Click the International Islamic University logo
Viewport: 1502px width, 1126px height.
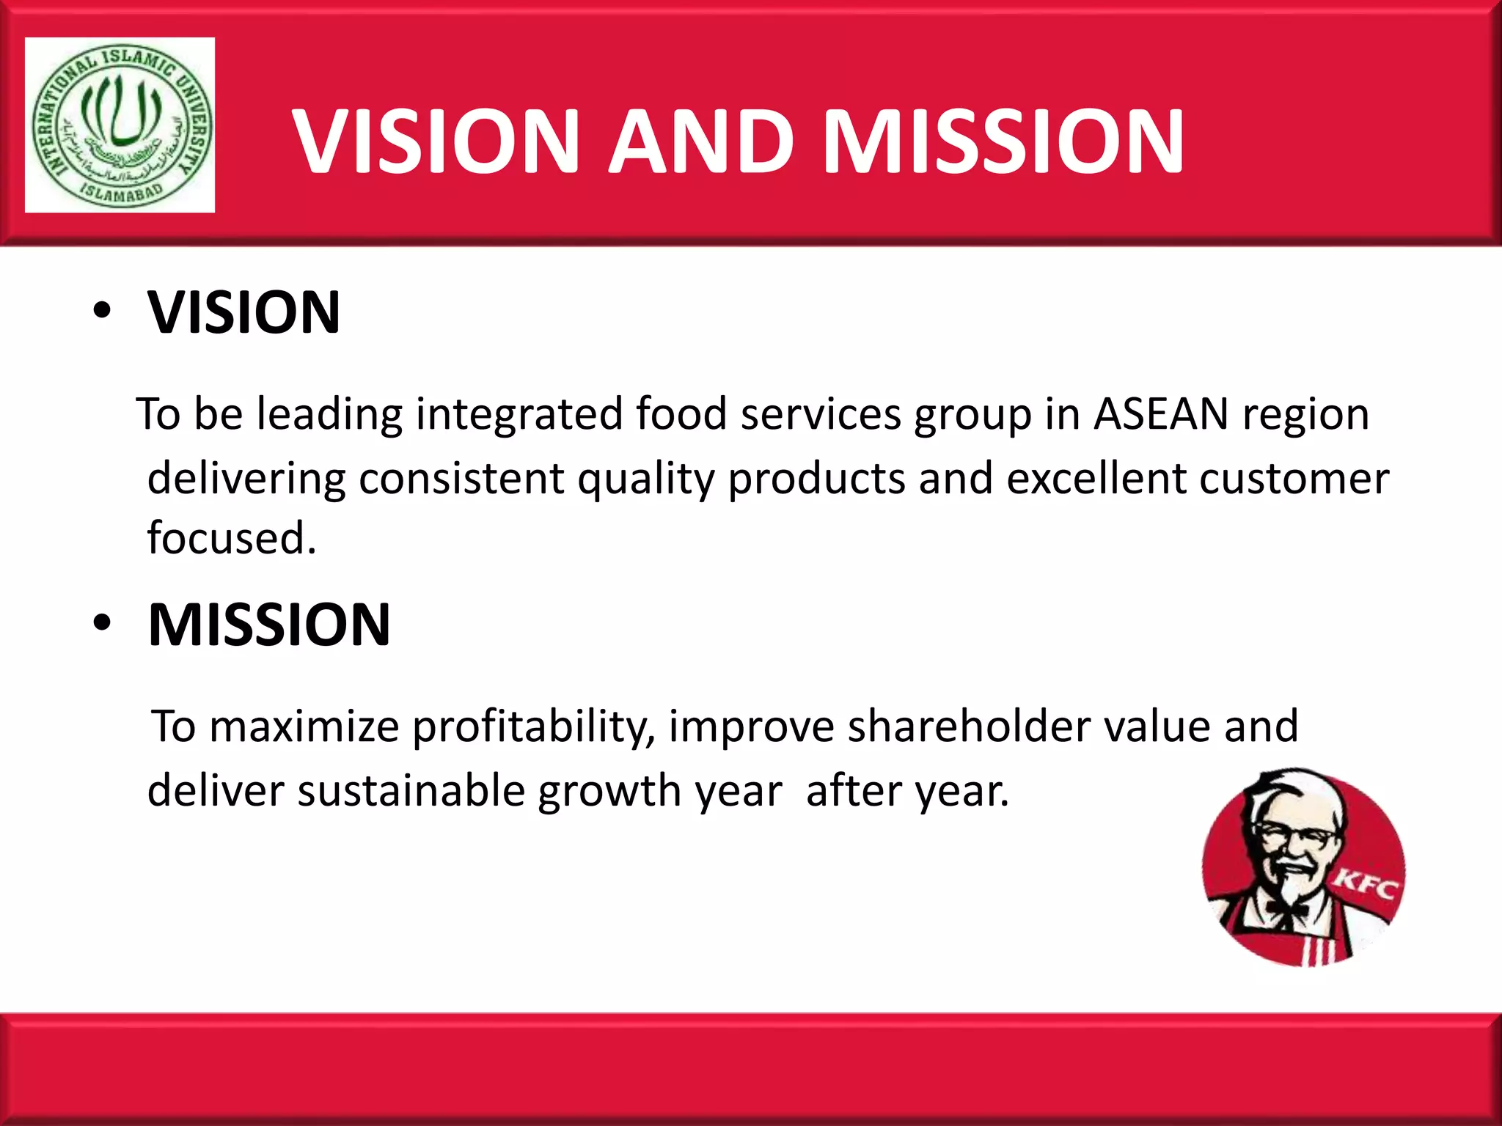pos(120,125)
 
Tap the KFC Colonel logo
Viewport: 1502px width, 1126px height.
pos(1303,866)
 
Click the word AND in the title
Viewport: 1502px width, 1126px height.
pos(702,141)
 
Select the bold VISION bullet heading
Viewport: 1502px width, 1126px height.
pos(243,313)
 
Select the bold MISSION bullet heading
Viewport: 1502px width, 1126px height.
pos(268,625)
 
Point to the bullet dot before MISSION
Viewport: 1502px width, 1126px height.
pos(102,624)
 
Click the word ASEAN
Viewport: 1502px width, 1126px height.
pos(1161,414)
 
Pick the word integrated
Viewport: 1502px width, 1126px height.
pos(519,414)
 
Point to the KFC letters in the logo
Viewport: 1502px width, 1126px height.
pos(1365,886)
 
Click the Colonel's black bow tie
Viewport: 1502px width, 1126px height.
pos(1286,910)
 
